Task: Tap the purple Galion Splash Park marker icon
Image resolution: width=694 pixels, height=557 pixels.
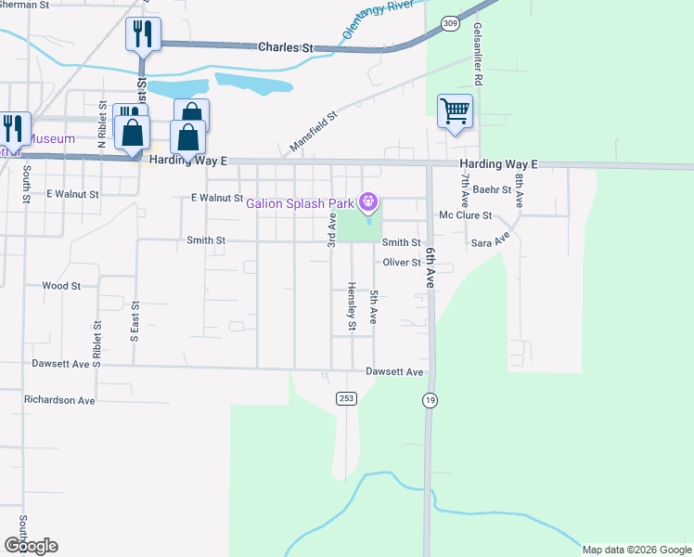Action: (369, 201)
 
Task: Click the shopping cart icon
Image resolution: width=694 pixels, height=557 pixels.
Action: (455, 112)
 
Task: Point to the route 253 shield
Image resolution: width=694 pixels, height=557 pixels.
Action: (346, 397)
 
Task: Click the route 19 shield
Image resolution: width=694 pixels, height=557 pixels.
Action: (430, 400)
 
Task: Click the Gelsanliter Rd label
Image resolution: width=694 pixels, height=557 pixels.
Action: (477, 55)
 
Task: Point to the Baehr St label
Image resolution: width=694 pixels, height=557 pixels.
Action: (493, 189)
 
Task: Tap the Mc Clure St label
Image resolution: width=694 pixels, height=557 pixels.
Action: (464, 215)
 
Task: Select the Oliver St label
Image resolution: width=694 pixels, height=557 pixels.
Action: (403, 263)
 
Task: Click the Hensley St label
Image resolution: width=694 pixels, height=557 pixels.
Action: (352, 306)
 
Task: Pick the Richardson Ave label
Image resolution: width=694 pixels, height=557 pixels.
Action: (59, 401)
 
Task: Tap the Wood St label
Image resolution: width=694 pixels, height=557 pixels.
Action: (61, 286)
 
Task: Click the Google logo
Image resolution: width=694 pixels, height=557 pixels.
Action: (31, 546)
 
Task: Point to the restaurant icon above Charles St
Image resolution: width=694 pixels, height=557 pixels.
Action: (143, 35)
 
